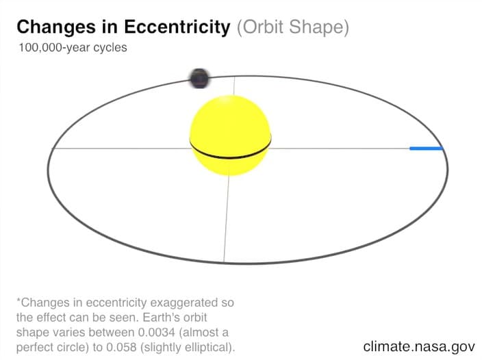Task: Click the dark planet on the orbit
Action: pyautogui.click(x=199, y=78)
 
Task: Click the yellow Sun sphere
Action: pyautogui.click(x=230, y=136)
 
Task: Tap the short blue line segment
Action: pyautogui.click(x=427, y=149)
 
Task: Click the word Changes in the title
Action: pyautogui.click(x=56, y=27)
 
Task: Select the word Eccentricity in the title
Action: pyautogui.click(x=177, y=27)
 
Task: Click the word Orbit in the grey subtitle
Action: pyautogui.click(x=260, y=27)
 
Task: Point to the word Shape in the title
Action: pyautogui.click(x=319, y=27)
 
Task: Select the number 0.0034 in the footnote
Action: pyautogui.click(x=157, y=333)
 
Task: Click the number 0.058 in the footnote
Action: pyautogui.click(x=121, y=348)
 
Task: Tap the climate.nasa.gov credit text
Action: pyautogui.click(x=419, y=347)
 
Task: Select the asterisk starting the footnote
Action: pyautogui.click(x=18, y=300)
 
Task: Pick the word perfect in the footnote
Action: pyautogui.click(x=34, y=348)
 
